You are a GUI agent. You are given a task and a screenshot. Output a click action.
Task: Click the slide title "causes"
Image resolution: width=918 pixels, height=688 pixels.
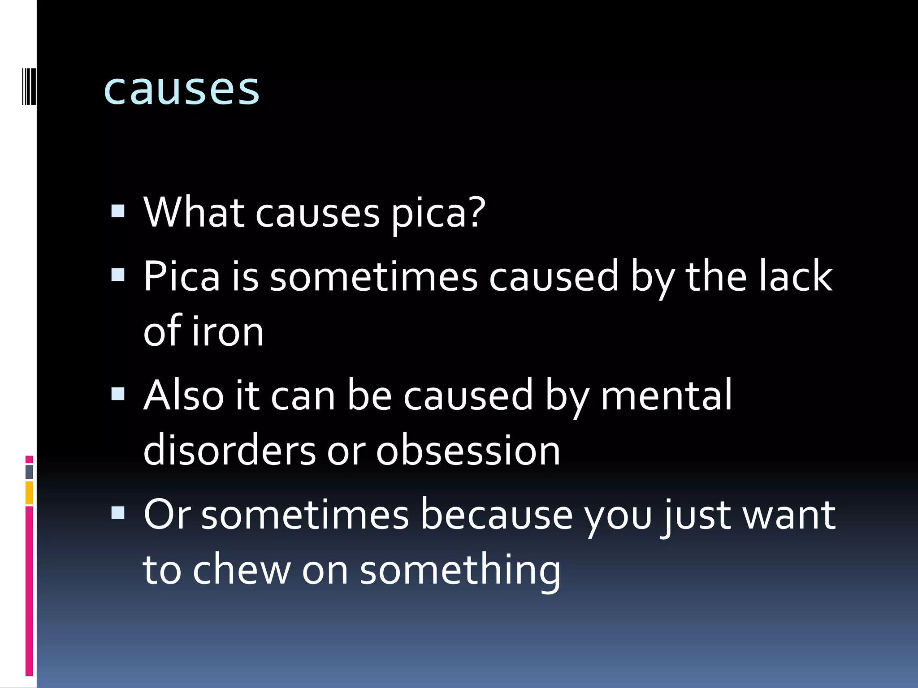[181, 89]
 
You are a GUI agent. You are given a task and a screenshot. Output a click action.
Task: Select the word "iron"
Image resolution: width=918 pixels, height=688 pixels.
[228, 331]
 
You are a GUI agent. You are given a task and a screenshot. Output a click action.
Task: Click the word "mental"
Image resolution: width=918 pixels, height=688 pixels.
[666, 395]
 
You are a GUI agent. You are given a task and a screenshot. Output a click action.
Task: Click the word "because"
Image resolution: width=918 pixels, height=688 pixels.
[497, 515]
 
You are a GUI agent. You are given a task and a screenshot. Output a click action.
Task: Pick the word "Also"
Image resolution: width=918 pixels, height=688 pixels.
[183, 395]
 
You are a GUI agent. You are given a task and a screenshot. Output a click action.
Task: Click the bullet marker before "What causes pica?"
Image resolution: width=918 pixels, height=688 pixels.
[117, 211]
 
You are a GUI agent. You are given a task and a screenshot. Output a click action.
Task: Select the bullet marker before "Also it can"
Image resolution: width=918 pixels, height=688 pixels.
[117, 394]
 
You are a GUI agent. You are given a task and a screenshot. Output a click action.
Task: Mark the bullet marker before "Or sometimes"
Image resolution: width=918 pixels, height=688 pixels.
[117, 513]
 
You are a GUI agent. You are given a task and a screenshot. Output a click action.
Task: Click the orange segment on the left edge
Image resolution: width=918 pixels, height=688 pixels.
[29, 493]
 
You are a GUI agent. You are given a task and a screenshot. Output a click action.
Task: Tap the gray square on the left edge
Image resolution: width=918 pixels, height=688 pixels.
[29, 472]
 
